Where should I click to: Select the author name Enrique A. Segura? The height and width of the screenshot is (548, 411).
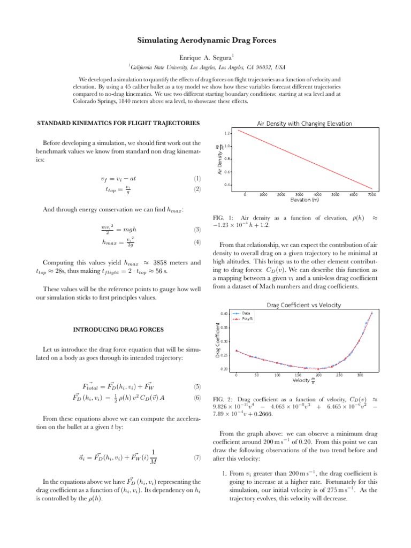(205, 57)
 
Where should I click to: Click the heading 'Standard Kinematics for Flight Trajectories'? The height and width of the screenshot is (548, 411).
(118, 124)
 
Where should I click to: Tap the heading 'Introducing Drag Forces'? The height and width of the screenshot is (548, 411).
(118, 328)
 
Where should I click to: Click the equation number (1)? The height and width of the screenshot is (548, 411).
(196, 178)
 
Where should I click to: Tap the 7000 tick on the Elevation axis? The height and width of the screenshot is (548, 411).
(371, 195)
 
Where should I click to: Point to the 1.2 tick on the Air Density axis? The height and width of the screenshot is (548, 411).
(227, 132)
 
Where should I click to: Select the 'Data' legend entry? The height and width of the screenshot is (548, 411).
(246, 313)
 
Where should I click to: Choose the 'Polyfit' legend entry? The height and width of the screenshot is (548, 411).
(247, 318)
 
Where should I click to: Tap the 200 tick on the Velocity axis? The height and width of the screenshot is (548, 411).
(318, 375)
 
